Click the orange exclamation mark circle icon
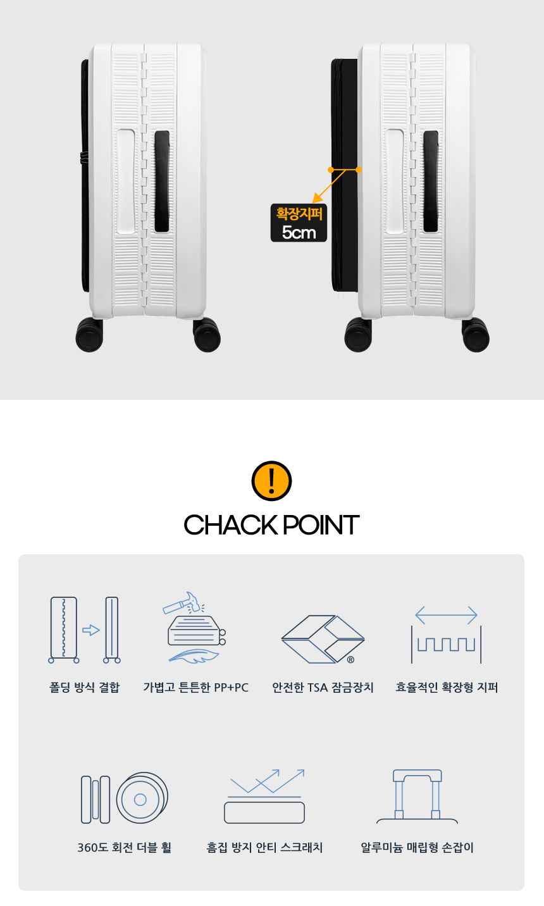pos(271,480)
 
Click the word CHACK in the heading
pos(230,525)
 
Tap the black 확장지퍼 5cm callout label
pos(299,223)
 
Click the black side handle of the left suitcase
pos(162,181)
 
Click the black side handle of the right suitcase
pos(431,181)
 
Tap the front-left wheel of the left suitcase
pos(89,335)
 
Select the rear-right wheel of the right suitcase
pos(475,335)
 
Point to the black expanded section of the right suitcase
pos(345,175)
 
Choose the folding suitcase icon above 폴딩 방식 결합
pos(84,630)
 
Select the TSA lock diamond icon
pos(323,639)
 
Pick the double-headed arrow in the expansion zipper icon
pos(447,615)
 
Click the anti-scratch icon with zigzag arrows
pos(264,797)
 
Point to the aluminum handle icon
pos(417,797)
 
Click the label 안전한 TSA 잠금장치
pos(323,688)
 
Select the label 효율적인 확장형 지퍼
pos(447,688)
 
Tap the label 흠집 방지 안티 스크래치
pos(264,847)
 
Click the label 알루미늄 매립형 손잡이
pos(417,847)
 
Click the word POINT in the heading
pos(321,525)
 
